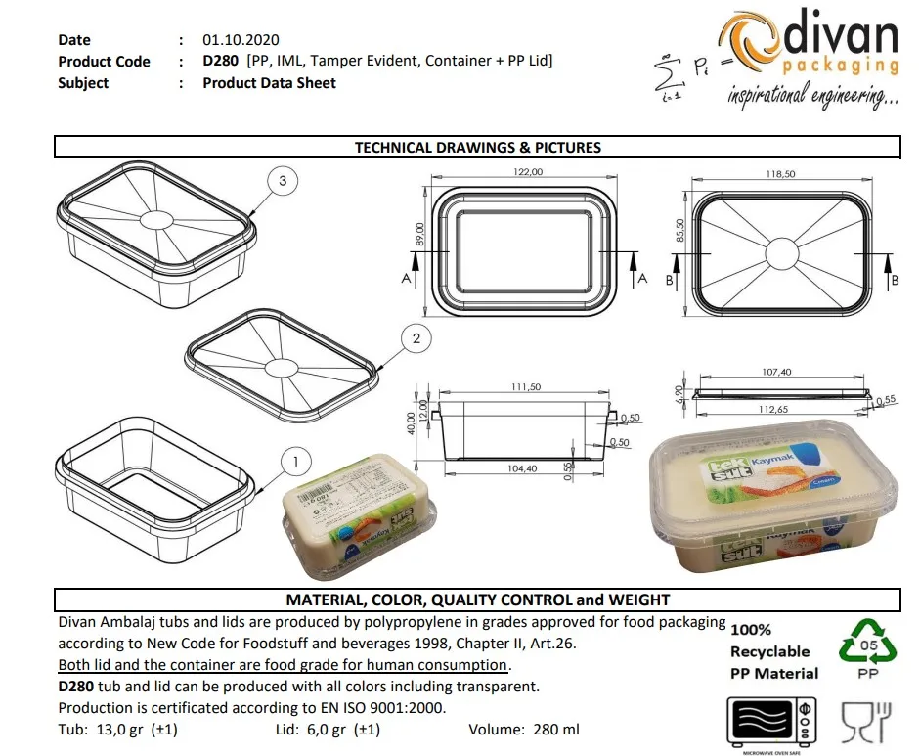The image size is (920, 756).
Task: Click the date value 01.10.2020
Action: click(x=241, y=40)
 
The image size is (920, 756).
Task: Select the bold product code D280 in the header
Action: click(x=221, y=61)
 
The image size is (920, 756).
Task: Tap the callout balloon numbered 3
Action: click(x=283, y=181)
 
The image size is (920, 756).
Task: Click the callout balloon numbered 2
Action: click(x=416, y=338)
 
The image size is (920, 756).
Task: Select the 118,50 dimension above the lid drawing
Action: click(x=782, y=173)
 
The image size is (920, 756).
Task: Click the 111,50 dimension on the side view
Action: click(x=525, y=387)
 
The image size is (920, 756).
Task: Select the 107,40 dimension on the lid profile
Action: click(x=780, y=372)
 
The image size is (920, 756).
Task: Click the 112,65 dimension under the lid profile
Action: click(x=780, y=410)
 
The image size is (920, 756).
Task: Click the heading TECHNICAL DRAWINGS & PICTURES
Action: click(x=477, y=148)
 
